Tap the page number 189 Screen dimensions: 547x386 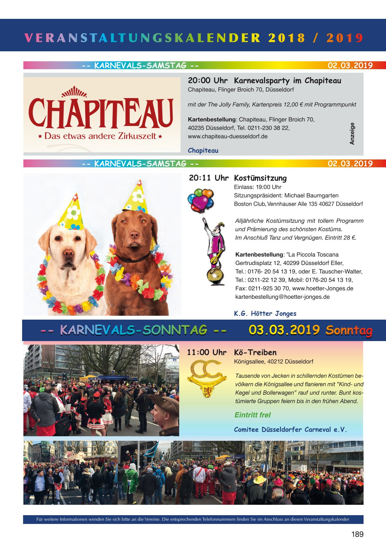point(357,534)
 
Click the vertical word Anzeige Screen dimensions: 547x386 point(352,134)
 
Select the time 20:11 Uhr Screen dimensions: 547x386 point(208,178)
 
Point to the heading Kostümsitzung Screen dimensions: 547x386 point(260,178)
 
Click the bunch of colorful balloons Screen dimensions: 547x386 point(200,199)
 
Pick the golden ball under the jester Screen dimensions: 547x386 point(215,277)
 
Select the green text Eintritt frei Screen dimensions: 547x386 point(252,415)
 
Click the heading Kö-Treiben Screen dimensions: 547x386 point(255,352)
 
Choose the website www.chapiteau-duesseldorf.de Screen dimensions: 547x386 point(228,136)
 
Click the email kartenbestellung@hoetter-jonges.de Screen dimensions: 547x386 point(282,297)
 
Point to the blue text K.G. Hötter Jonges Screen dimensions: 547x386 point(265,313)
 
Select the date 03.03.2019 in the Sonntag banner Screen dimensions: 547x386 point(284,330)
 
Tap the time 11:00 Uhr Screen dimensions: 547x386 point(206,352)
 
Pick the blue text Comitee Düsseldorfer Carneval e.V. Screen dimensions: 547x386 point(290,429)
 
